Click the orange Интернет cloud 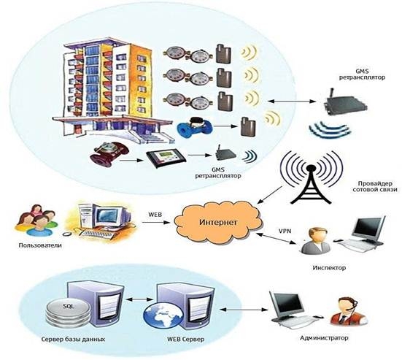[x=218, y=222]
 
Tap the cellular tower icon [x=312, y=177]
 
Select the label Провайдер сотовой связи [x=375, y=186]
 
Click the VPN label [x=285, y=231]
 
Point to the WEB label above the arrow [x=155, y=215]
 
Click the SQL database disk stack [x=68, y=313]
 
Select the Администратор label [x=324, y=337]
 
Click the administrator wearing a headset [x=349, y=311]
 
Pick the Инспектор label [x=329, y=268]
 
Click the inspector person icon [x=316, y=241]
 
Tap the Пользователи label [x=40, y=245]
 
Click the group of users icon [x=36, y=220]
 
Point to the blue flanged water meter [x=194, y=128]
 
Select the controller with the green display [x=165, y=158]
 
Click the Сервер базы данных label [x=73, y=340]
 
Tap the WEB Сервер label [x=185, y=340]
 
